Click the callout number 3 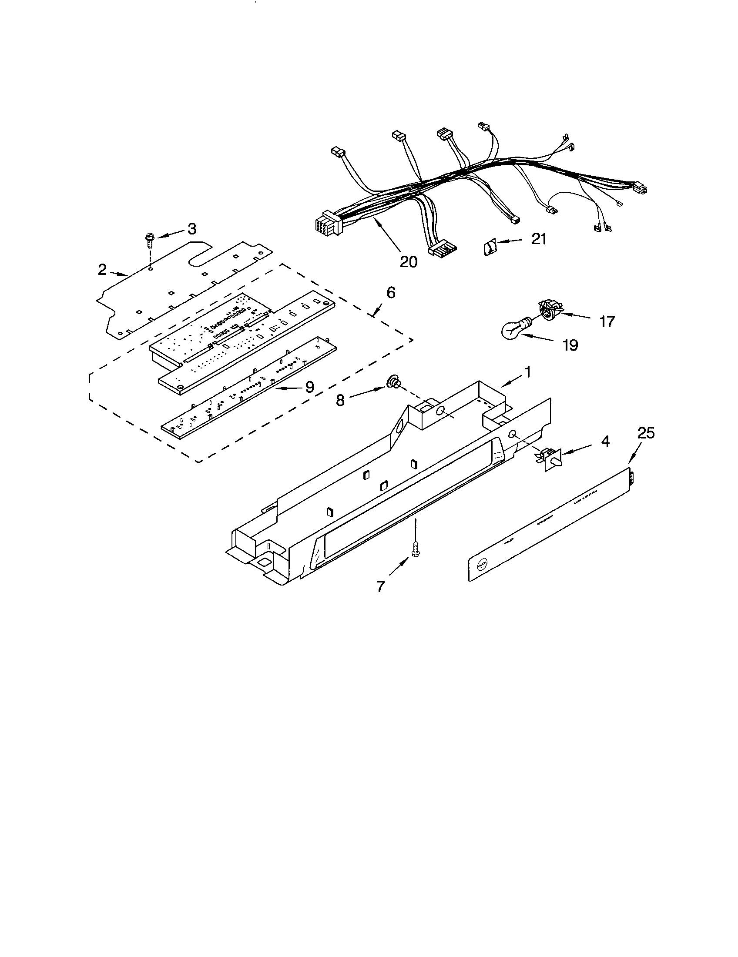point(191,229)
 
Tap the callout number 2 point(102,270)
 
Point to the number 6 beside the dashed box point(391,292)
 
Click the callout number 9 point(309,386)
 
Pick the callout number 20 point(409,261)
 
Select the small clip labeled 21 point(490,248)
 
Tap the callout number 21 point(539,239)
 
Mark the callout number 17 point(607,322)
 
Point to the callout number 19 point(570,345)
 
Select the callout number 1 point(528,372)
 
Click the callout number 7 point(380,586)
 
